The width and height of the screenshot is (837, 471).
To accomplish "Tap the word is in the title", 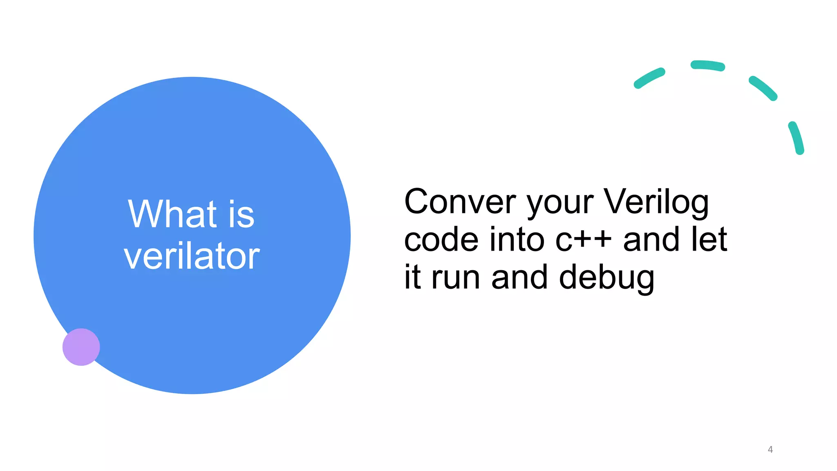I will click(241, 215).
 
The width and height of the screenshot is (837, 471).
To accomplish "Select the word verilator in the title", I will click(192, 256).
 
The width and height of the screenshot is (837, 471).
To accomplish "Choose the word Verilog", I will click(656, 202).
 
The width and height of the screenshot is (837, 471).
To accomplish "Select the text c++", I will click(584, 240).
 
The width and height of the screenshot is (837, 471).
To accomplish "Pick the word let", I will click(709, 240).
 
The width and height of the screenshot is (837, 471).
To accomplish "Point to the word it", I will click(412, 277).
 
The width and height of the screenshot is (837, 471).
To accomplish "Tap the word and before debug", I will click(519, 277).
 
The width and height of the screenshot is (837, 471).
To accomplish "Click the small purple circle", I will click(81, 347).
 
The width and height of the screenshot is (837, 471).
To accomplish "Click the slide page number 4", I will click(770, 449).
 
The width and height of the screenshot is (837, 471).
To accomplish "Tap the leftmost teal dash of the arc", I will click(649, 78).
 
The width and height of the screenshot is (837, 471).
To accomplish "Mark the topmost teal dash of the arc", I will click(707, 65).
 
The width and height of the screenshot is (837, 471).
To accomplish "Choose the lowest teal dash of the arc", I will click(796, 137).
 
